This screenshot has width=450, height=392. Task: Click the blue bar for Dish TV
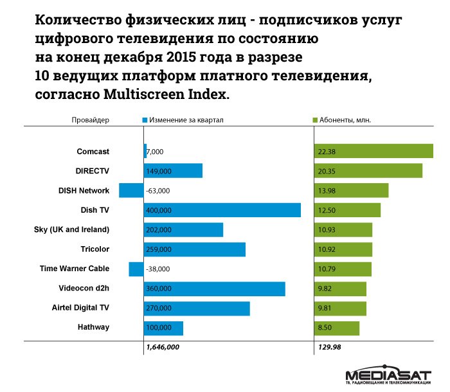tap(222, 210)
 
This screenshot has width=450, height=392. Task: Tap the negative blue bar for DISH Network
tap(131, 190)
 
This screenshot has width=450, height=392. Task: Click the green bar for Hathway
tap(336, 328)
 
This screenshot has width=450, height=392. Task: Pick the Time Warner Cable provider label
tap(75, 269)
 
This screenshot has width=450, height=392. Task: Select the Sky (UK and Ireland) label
tap(71, 229)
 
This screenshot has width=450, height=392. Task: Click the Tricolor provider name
tap(94, 249)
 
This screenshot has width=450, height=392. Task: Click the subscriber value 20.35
tap(326, 171)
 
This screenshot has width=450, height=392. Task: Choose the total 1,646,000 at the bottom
tap(163, 347)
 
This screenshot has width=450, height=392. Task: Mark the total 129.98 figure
tap(329, 347)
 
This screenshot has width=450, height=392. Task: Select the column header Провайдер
tap(91, 120)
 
